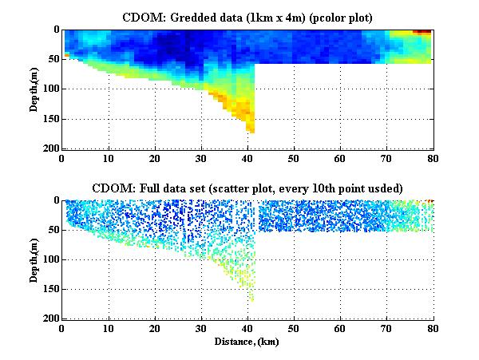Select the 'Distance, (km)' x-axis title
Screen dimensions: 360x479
click(247, 341)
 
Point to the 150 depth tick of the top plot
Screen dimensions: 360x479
click(49, 119)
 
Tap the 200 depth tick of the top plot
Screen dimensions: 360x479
click(49, 148)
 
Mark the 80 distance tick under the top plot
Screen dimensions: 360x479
click(432, 158)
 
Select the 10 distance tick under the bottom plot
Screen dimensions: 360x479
click(108, 329)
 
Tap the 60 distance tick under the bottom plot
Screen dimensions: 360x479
click(339, 329)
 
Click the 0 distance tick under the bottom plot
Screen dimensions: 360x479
click(62, 329)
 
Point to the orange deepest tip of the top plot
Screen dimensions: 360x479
click(250, 128)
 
